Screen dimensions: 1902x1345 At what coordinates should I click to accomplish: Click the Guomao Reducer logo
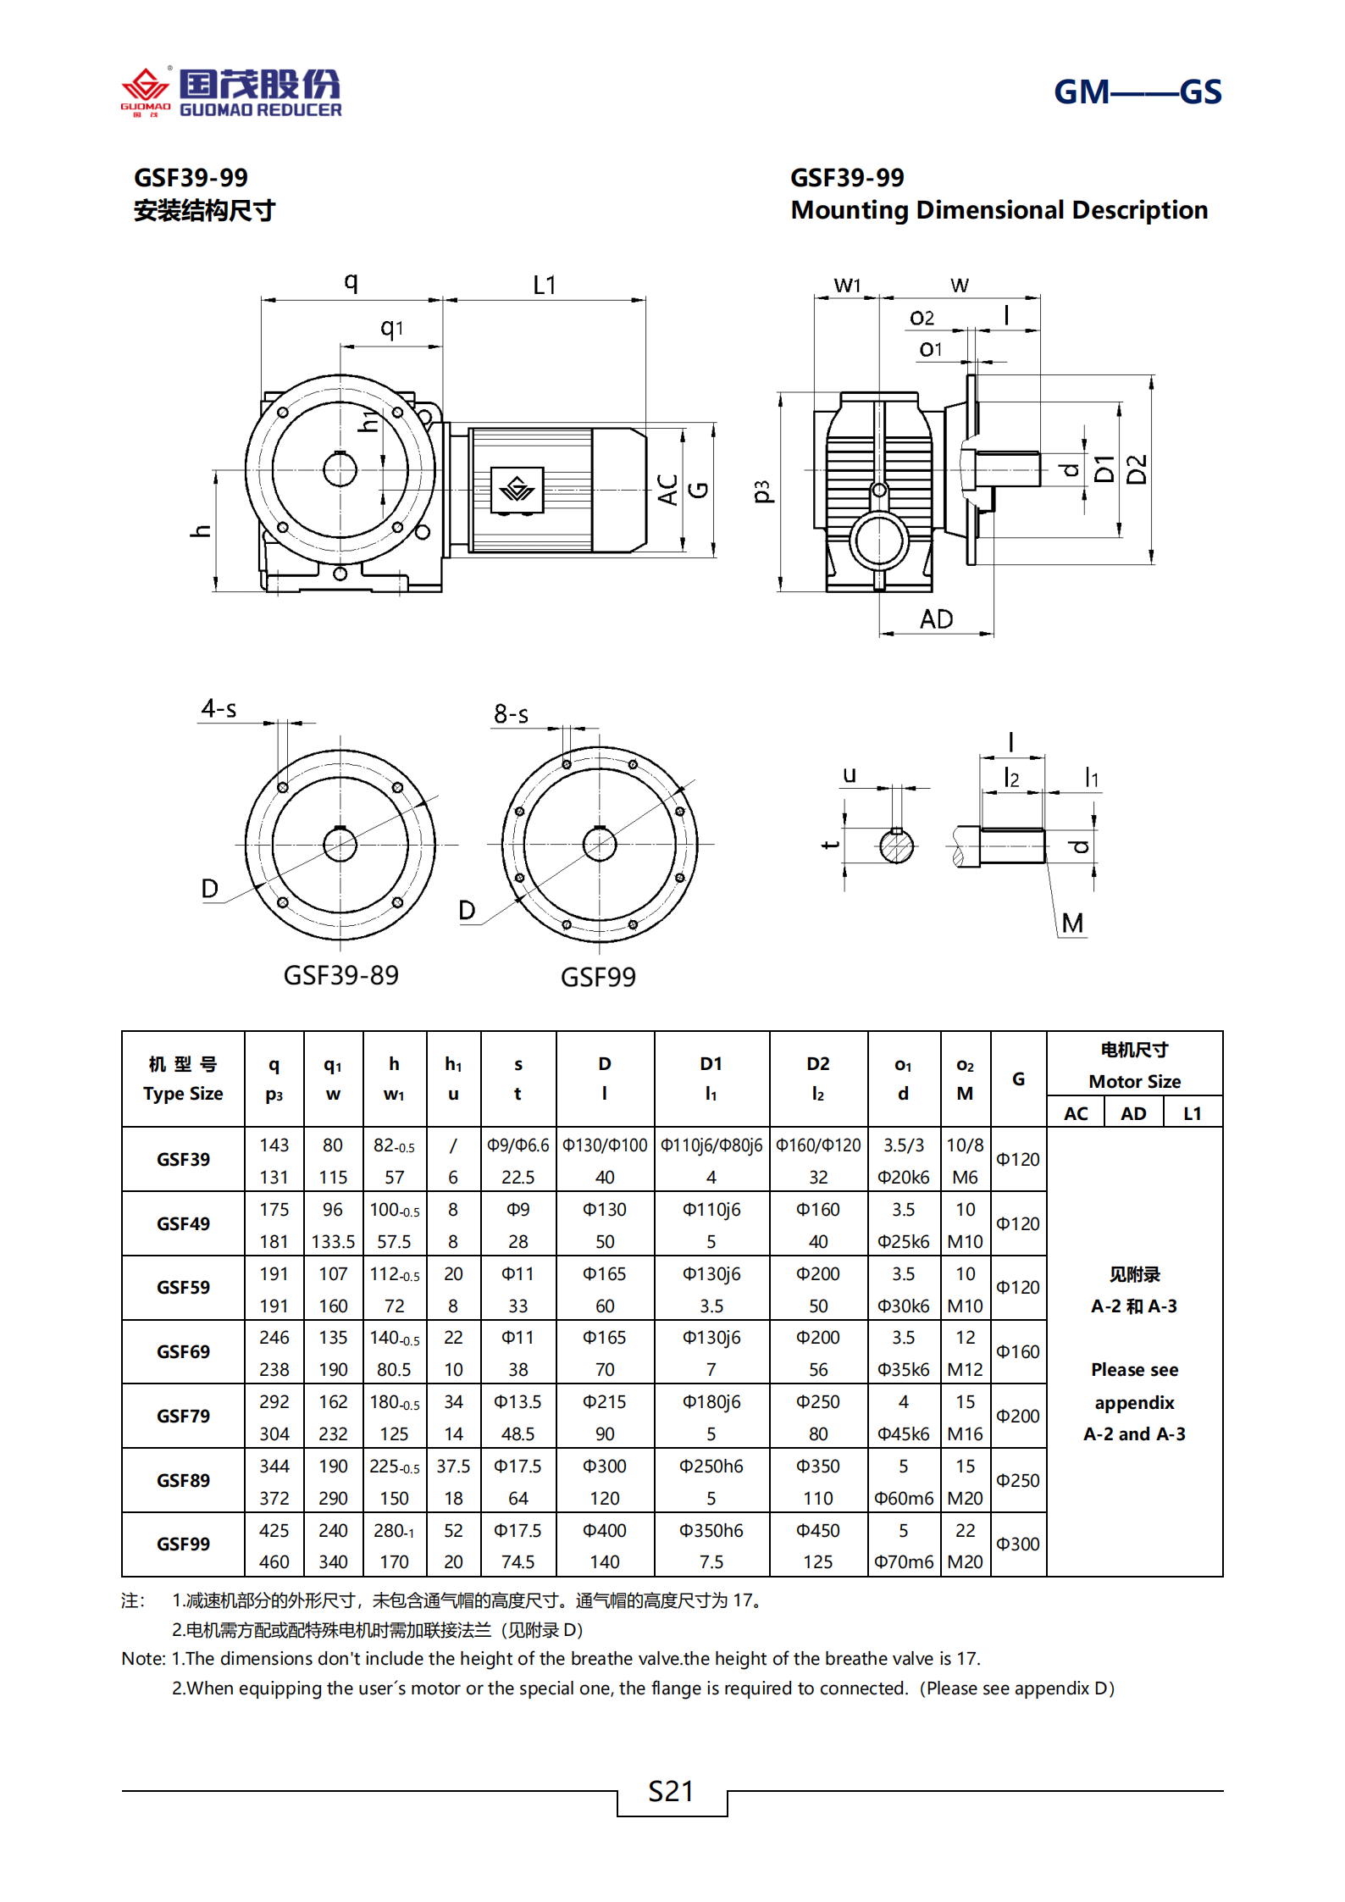click(231, 92)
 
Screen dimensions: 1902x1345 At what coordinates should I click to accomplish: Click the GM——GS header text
click(1137, 91)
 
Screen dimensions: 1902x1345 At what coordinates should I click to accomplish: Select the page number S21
click(671, 1791)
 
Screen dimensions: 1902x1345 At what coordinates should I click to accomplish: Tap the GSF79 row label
click(183, 1416)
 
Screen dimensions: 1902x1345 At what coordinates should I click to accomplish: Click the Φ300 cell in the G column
click(1017, 1544)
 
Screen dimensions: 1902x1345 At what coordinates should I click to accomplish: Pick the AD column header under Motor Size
click(1133, 1113)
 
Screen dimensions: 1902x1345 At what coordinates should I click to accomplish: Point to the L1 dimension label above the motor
click(545, 286)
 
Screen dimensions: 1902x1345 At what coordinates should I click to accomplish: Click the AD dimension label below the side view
click(936, 619)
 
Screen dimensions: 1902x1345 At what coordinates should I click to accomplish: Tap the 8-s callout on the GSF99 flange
click(511, 714)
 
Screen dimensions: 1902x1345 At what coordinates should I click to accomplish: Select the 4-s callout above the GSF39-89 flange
click(219, 708)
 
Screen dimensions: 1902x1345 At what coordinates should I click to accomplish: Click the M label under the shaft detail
click(1072, 923)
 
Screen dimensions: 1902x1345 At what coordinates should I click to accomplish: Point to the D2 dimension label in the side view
click(1137, 469)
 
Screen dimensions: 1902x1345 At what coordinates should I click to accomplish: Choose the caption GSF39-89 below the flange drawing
click(340, 975)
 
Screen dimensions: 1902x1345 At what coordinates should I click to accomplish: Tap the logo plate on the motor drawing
click(517, 489)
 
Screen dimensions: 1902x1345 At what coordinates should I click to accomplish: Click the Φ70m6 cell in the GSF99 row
click(904, 1561)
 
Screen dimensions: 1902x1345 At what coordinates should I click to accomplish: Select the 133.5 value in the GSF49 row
click(333, 1241)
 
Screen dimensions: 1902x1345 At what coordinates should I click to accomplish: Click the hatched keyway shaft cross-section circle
click(896, 846)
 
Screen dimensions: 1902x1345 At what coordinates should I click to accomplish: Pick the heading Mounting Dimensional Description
click(999, 210)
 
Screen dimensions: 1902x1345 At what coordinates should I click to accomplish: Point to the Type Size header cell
click(183, 1079)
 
